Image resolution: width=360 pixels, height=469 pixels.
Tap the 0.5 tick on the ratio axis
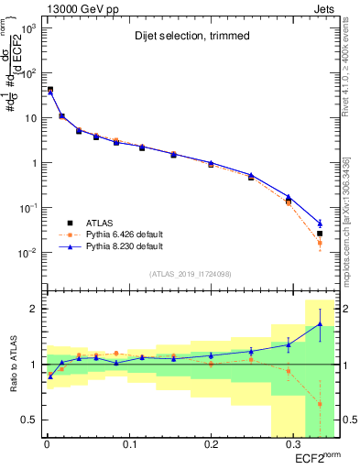[30, 420]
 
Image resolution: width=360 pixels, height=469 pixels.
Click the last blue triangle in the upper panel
[320, 224]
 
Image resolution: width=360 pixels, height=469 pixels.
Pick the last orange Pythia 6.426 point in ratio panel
[320, 404]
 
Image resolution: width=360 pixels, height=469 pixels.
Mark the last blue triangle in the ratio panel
[320, 324]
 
